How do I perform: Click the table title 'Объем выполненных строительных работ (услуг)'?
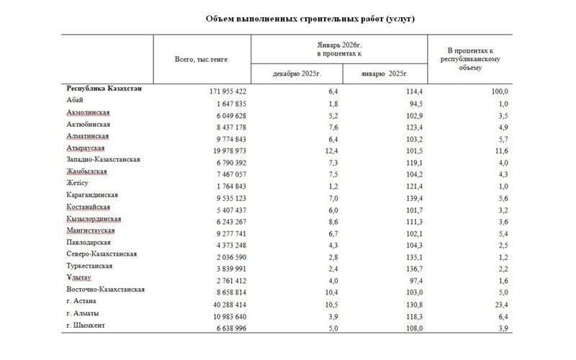[x=310, y=19]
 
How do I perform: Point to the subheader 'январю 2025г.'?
[x=387, y=73]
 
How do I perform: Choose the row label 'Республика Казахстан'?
[x=104, y=89]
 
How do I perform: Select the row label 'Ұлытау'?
[x=78, y=277]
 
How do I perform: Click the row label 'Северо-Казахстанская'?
[x=102, y=254]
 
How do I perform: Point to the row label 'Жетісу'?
[x=77, y=183]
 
